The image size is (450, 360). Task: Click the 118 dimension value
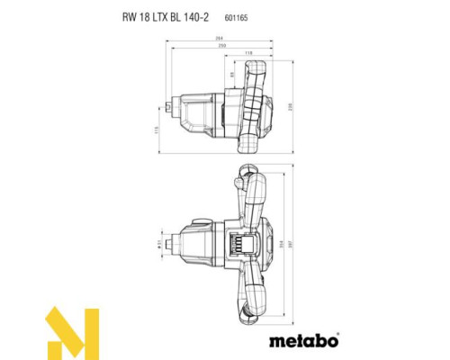click(x=247, y=53)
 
